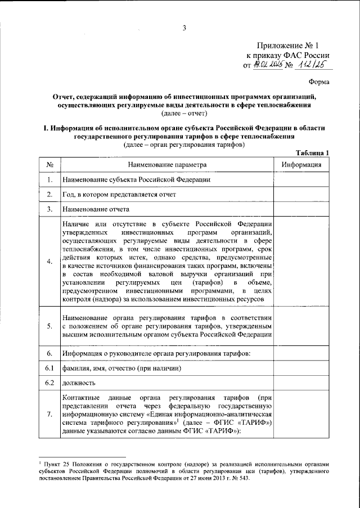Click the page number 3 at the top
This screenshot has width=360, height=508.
click(183, 29)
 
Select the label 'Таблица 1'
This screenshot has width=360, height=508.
click(313, 153)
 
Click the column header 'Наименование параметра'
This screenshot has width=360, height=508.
click(167, 165)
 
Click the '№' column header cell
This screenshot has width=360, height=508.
click(50, 165)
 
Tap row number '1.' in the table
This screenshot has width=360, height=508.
click(50, 180)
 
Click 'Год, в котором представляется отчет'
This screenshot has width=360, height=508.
click(119, 195)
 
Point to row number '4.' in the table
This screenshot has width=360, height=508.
click(50, 261)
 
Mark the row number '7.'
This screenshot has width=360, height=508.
click(50, 415)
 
